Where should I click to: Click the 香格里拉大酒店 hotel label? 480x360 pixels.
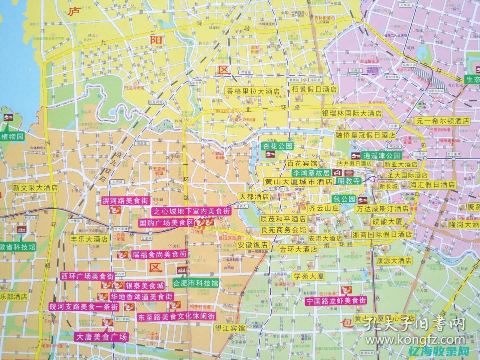pyautogui.click(x=253, y=91)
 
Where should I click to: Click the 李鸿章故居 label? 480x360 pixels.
pyautogui.click(x=310, y=173)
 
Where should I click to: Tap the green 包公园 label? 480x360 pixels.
pyautogui.click(x=344, y=199)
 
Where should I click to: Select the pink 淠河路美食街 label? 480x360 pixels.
pyautogui.click(x=125, y=200)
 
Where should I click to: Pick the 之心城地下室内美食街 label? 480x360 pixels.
pyautogui.click(x=192, y=211)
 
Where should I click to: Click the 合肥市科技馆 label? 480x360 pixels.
pyautogui.click(x=195, y=283)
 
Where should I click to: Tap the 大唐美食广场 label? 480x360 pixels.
pyautogui.click(x=102, y=337)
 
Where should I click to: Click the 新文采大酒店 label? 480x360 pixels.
pyautogui.click(x=35, y=187)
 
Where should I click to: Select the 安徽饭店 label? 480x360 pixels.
pyautogui.click(x=252, y=244)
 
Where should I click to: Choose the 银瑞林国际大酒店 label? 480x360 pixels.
pyautogui.click(x=352, y=114)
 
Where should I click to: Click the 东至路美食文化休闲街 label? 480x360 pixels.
pyautogui.click(x=176, y=316)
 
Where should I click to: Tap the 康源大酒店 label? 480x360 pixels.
pyautogui.click(x=394, y=260)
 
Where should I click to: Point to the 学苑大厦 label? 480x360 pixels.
pyautogui.click(x=309, y=276)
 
